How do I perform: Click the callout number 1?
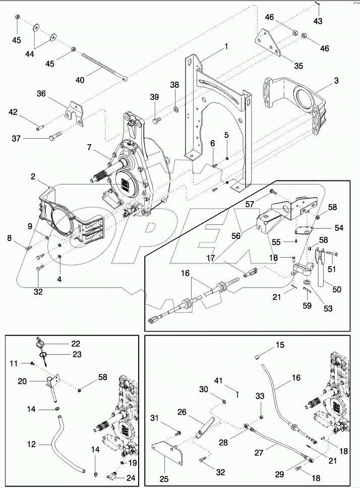pyautogui.click(x=226, y=46)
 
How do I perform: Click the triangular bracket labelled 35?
pyautogui.click(x=269, y=43)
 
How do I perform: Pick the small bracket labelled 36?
pyautogui.click(x=75, y=111)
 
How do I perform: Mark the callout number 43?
pyautogui.click(x=318, y=21)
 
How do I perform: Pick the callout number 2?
pyautogui.click(x=32, y=177)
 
